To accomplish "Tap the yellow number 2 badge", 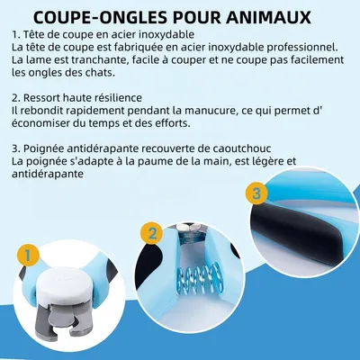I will (x=153, y=234).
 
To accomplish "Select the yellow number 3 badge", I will (x=256, y=193).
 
